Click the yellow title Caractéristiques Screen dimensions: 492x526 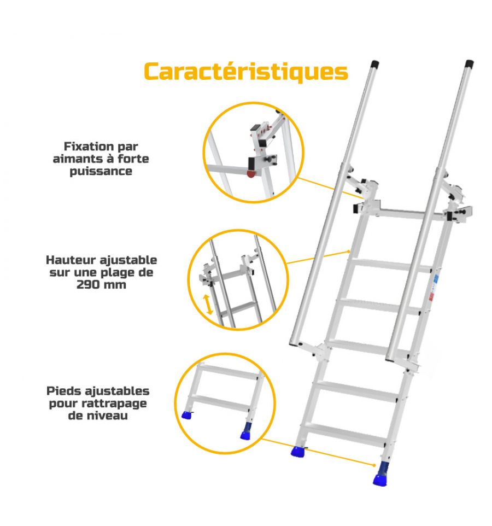click(x=246, y=72)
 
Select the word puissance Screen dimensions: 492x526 click(x=101, y=172)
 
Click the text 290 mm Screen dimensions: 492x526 click(x=101, y=285)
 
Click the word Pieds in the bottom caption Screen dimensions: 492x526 click(x=64, y=391)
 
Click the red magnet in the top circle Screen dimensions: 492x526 click(x=251, y=173)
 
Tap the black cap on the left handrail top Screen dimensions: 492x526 click(x=374, y=65)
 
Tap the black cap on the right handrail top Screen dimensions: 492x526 click(x=469, y=64)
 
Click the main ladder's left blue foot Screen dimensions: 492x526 click(x=298, y=451)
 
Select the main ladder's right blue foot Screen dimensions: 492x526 click(x=381, y=474)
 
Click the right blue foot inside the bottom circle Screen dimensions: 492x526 click(x=246, y=431)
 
